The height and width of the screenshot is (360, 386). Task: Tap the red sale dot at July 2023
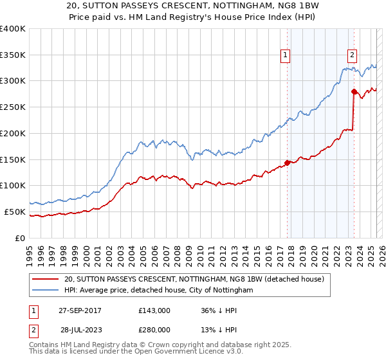354,92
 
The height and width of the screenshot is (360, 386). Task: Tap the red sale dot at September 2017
288,163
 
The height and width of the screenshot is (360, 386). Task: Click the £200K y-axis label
13,133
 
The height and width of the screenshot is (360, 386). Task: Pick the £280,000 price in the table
154,329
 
